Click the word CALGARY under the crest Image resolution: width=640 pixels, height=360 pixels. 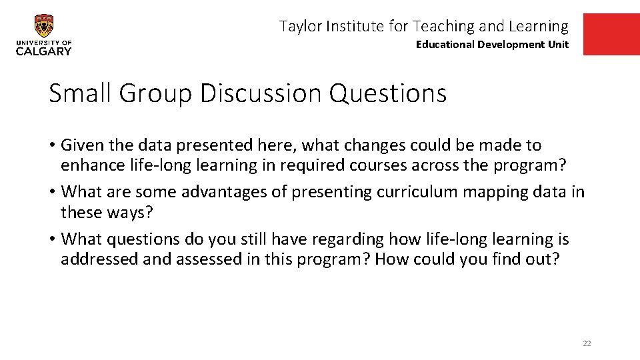[x=44, y=51]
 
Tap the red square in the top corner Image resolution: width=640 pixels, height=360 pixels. [x=611, y=35]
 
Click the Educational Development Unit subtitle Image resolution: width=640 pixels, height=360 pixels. [x=492, y=45]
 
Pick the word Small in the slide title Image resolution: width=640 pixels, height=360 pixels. [x=80, y=93]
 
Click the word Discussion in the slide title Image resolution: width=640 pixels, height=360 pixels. [x=261, y=93]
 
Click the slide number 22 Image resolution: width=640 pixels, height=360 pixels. [x=587, y=343]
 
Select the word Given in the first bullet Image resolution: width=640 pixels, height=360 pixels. [x=81, y=145]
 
